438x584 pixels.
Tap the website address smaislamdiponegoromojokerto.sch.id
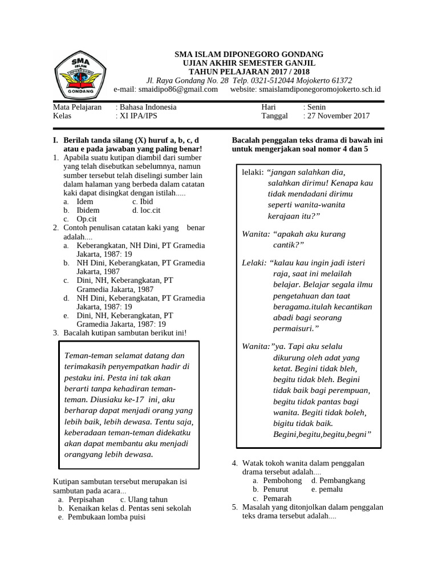coord(319,90)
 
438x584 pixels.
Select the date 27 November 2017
coord(338,116)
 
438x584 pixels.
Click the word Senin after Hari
coord(316,107)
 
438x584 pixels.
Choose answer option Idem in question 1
coord(85,202)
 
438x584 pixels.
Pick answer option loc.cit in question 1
coord(152,210)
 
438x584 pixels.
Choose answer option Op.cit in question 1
coord(88,218)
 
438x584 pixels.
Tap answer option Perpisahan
coord(87,500)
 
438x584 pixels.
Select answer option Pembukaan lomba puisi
coord(107,517)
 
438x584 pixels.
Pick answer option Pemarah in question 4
coord(277,498)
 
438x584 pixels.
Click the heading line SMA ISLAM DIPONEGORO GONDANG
coord(249,54)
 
